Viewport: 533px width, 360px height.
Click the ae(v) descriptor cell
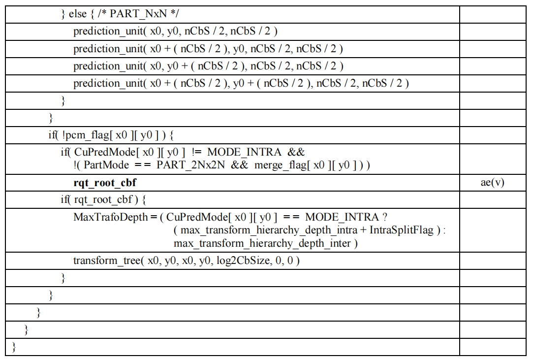click(493, 183)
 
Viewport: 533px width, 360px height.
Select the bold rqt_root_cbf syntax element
click(105, 183)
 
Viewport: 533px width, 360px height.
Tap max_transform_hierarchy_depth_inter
click(262, 243)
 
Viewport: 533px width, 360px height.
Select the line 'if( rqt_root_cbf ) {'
click(103, 200)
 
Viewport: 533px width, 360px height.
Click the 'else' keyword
click(77, 14)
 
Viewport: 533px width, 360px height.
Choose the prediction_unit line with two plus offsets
click(241, 83)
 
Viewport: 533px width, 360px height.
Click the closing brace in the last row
click(14, 347)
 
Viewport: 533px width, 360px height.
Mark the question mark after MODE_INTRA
click(384, 217)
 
